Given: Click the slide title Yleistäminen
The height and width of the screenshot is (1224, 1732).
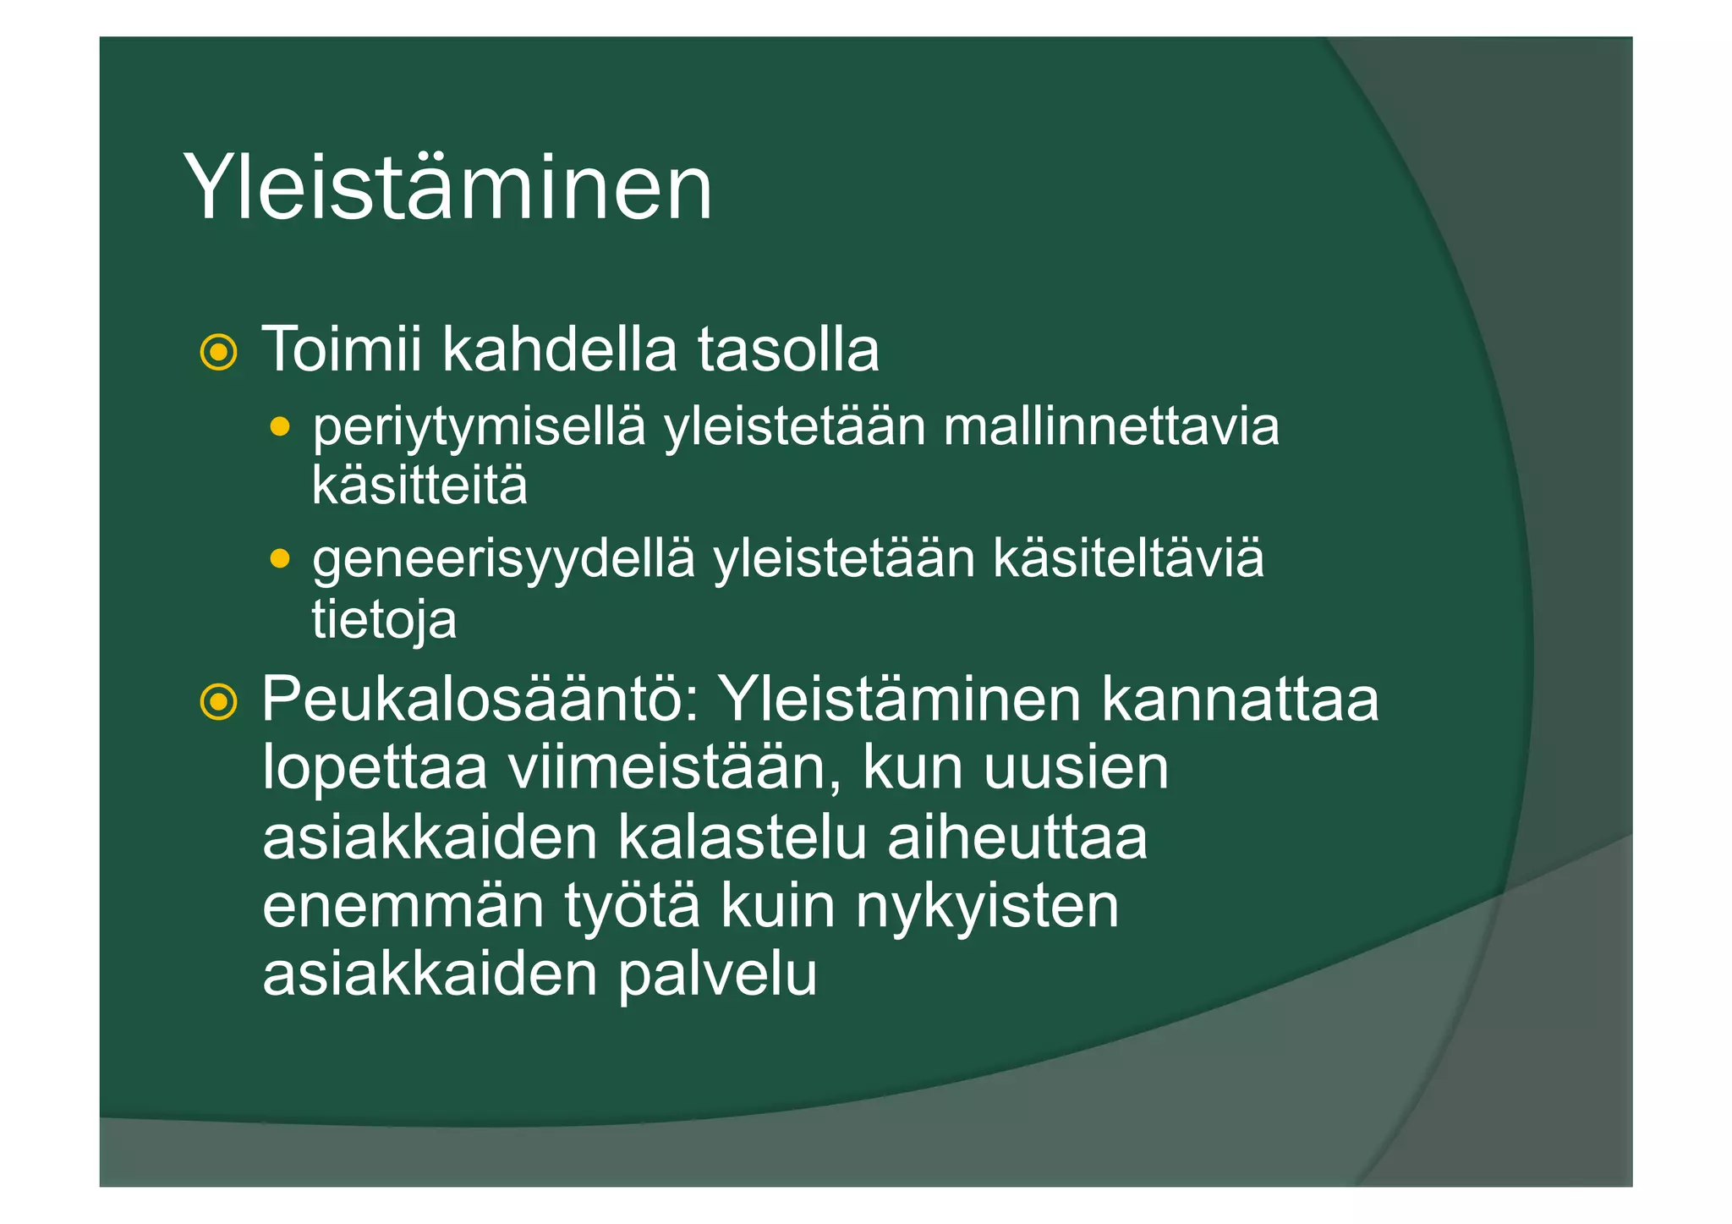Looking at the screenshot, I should click(448, 188).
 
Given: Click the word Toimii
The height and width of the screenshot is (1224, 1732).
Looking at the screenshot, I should click(341, 349).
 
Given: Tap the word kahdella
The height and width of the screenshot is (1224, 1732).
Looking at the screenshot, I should click(560, 349).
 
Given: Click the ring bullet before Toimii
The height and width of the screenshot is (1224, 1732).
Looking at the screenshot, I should click(218, 352).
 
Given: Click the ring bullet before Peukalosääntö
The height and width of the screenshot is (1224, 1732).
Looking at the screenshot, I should click(218, 701).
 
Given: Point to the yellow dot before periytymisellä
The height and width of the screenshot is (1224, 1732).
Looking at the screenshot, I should click(280, 426).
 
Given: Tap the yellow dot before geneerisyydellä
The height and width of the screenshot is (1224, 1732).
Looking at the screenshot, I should click(280, 559).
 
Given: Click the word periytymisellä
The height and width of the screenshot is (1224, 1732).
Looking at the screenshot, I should click(480, 428).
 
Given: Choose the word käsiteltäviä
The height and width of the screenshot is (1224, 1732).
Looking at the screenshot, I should click(1128, 558).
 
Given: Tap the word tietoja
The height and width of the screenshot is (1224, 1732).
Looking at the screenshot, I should click(384, 620).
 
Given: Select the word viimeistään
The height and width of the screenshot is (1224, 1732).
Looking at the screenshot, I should click(675, 768).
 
